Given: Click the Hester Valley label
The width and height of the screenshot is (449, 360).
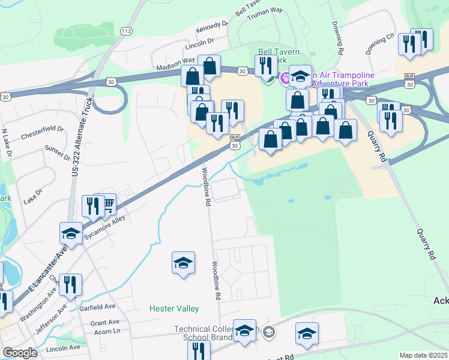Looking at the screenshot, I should pyautogui.click(x=174, y=308).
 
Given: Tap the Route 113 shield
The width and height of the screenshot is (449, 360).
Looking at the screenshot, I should pyautogui.click(x=125, y=31).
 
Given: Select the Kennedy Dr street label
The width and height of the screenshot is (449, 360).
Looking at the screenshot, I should pyautogui.click(x=212, y=28).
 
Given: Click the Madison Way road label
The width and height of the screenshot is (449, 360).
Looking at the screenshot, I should pyautogui.click(x=175, y=64).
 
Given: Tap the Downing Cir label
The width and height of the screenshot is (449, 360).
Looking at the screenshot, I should pyautogui.click(x=380, y=43).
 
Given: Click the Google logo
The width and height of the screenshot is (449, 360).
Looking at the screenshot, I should pyautogui.click(x=20, y=353).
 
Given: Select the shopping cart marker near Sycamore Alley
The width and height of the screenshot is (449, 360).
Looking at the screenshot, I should pyautogui.click(x=107, y=205).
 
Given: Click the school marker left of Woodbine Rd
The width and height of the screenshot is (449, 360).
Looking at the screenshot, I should pyautogui.click(x=183, y=263).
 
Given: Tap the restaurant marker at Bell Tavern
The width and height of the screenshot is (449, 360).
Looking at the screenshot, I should pyautogui.click(x=265, y=65).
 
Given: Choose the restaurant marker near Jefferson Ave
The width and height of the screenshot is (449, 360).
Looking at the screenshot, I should pyautogui.click(x=71, y=286).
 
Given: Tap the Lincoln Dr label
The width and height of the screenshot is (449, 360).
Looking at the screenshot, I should pyautogui.click(x=200, y=44).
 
